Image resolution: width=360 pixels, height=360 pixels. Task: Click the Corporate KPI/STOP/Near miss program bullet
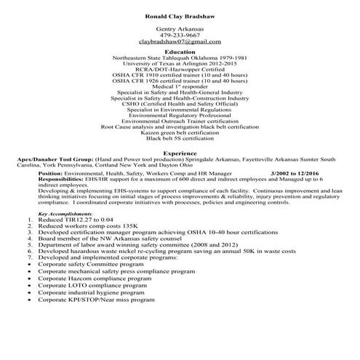[x=97, y=299]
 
